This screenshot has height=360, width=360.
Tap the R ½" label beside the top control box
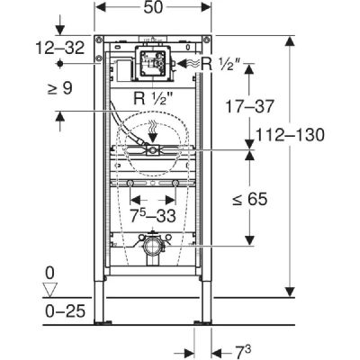(x=215, y=63)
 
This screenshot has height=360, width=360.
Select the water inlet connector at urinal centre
(x=154, y=150)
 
